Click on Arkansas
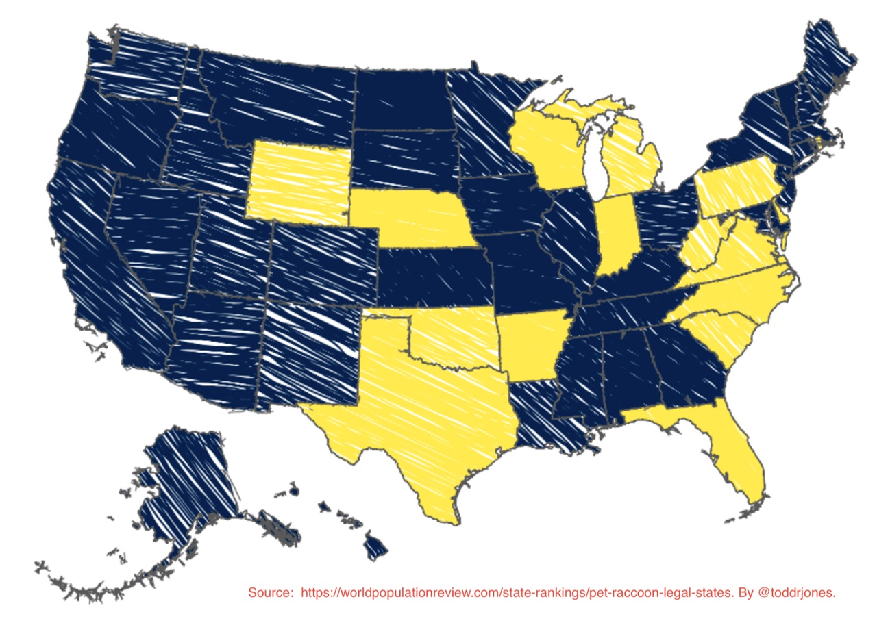coord(531,346)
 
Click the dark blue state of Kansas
coord(435,277)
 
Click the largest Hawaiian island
coord(375,548)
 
